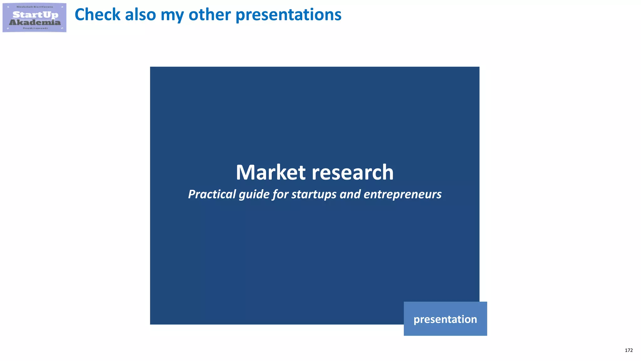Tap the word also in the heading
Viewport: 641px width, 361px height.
(x=140, y=15)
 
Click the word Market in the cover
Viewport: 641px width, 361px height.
(x=271, y=172)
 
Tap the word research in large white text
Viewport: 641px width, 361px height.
(x=353, y=172)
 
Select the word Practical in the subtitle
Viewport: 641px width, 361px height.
(x=212, y=194)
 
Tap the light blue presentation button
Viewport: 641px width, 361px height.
(x=445, y=319)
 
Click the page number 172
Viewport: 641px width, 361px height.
(x=628, y=350)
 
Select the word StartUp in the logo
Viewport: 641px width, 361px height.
(x=35, y=15)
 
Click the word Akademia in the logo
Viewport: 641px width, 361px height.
(x=35, y=22)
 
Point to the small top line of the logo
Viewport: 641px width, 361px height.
(x=35, y=7)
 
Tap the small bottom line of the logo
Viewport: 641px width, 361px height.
(x=35, y=28)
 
